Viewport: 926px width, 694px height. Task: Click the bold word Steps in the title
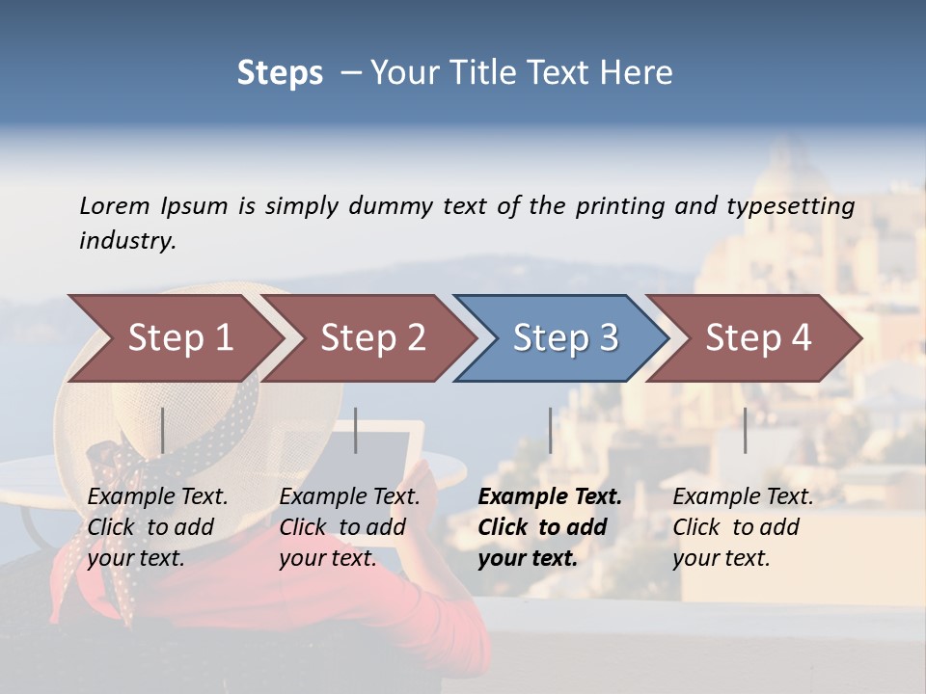tap(280, 72)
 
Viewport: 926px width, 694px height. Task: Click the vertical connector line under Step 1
tap(163, 430)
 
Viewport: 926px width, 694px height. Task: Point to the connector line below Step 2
tap(356, 430)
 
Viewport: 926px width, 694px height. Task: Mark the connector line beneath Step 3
tap(550, 430)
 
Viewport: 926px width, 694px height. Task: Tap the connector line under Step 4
tap(745, 430)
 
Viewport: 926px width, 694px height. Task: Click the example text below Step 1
tap(157, 527)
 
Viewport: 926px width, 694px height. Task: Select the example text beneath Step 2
tap(349, 527)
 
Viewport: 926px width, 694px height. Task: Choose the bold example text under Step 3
tap(550, 527)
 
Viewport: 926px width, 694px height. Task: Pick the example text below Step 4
tap(743, 527)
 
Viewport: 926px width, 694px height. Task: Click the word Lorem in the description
tap(115, 205)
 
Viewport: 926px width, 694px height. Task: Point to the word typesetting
tap(790, 206)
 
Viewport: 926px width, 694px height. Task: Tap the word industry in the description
tap(127, 241)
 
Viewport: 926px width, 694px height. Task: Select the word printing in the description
tap(620, 206)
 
